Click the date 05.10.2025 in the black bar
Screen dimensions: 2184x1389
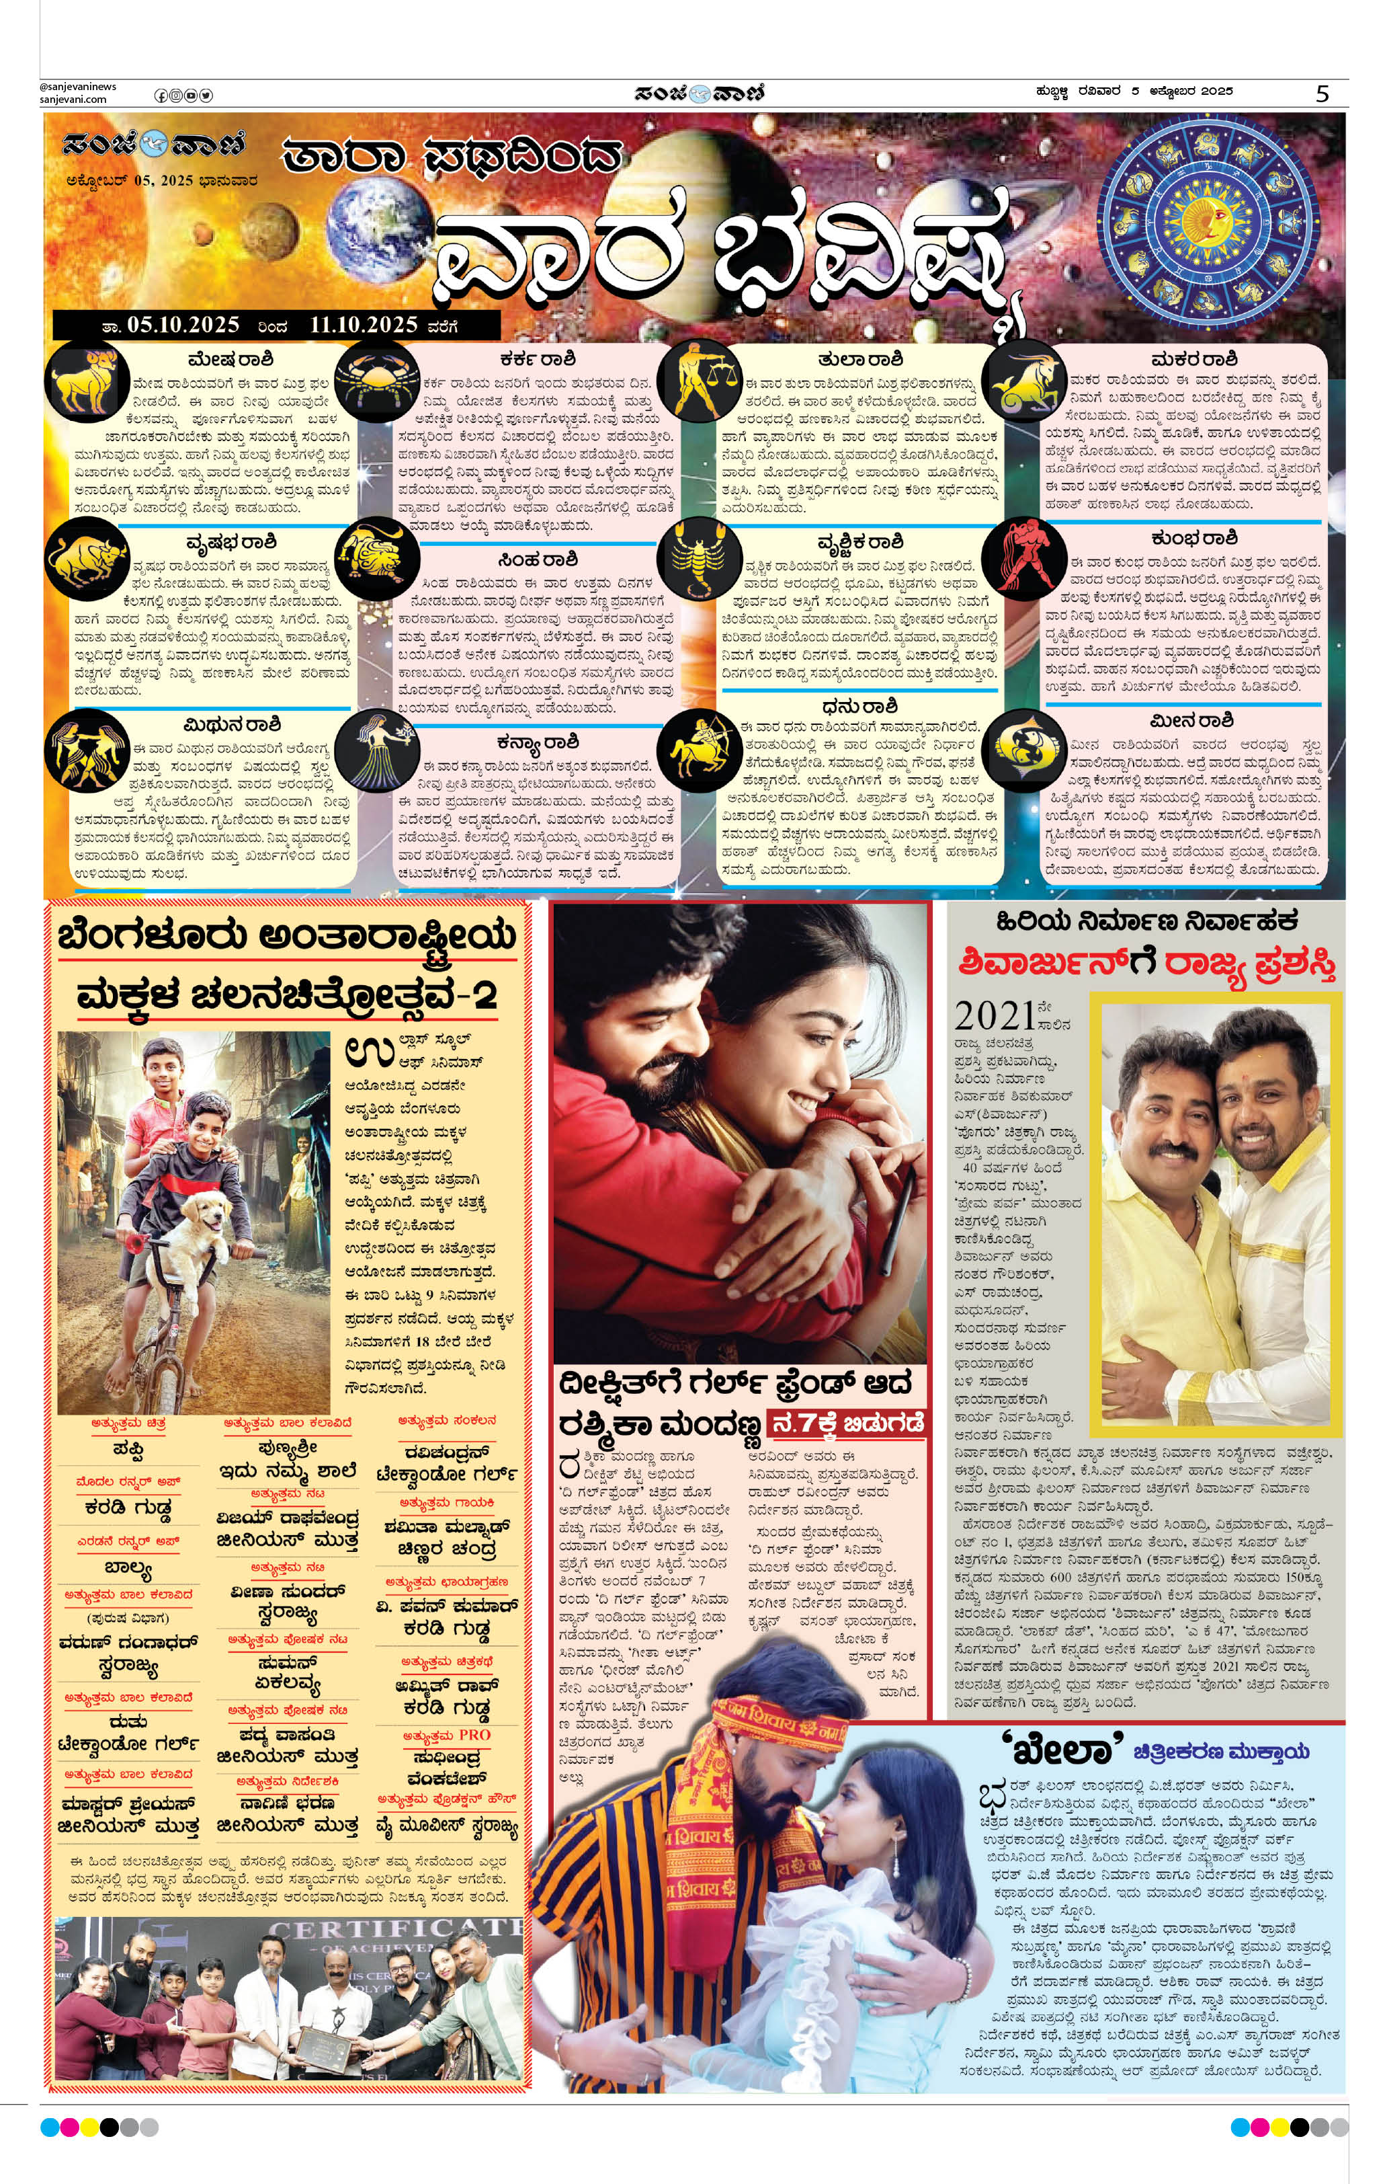pyautogui.click(x=183, y=325)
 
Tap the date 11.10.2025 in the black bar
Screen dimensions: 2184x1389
pyautogui.click(x=364, y=325)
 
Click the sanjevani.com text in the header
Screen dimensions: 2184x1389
pyautogui.click(x=73, y=100)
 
